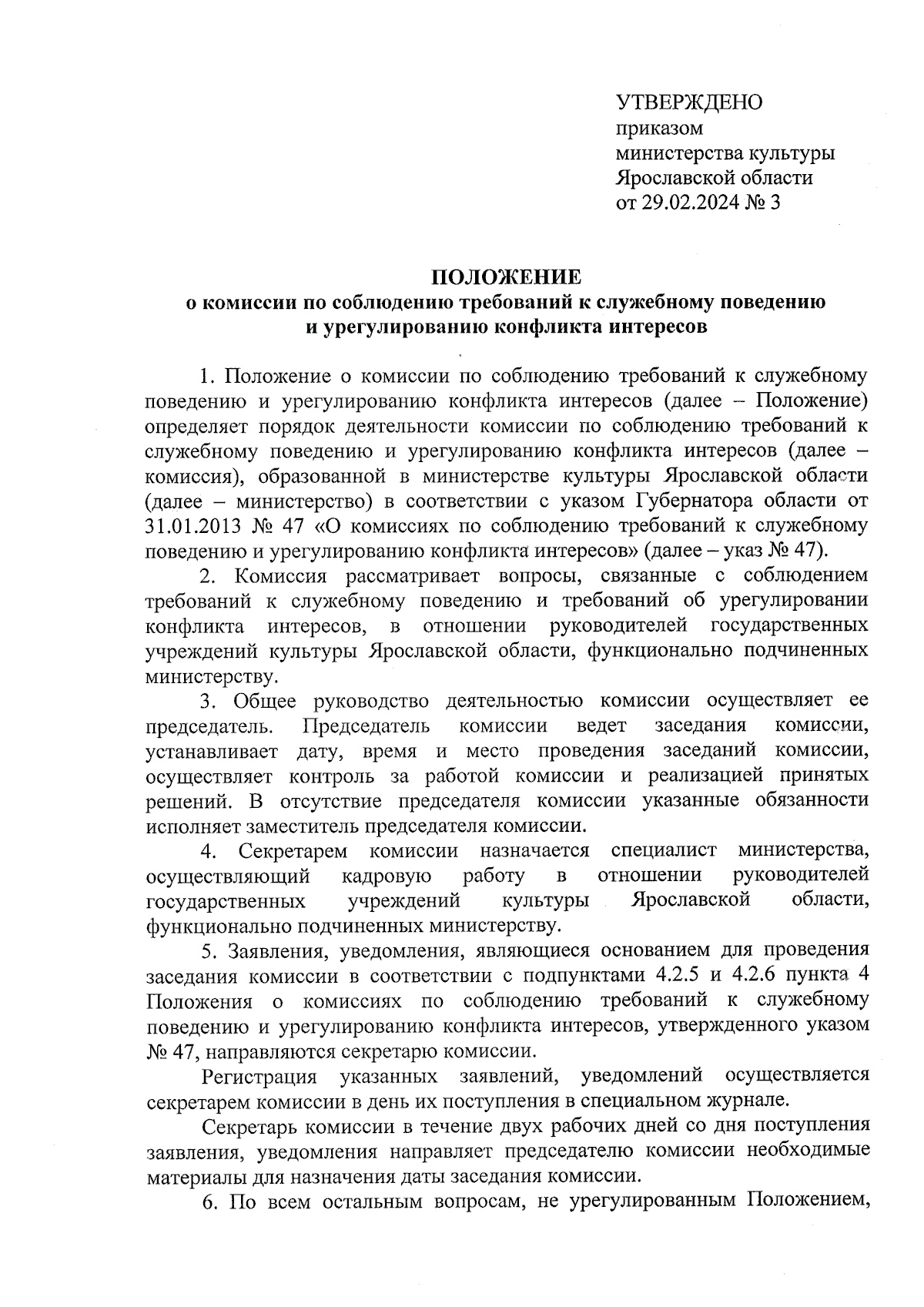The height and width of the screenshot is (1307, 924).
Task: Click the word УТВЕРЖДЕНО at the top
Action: tap(689, 102)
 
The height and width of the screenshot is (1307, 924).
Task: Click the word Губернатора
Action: tap(705, 501)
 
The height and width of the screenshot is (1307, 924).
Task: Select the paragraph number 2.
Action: tap(207, 576)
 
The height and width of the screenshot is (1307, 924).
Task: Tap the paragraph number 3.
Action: tap(207, 701)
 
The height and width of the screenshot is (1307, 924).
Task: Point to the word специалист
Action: tap(664, 851)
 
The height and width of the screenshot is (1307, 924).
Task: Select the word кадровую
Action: tap(386, 876)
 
